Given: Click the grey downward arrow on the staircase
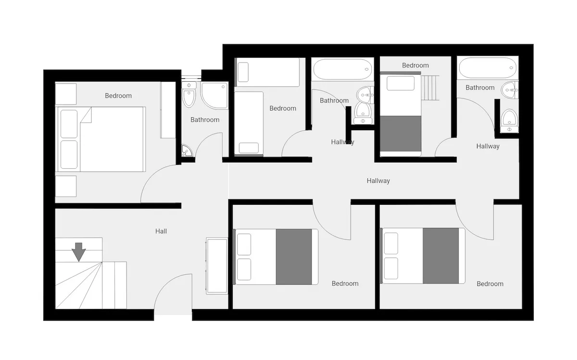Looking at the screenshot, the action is (78, 252).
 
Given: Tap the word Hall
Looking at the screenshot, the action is (161, 231).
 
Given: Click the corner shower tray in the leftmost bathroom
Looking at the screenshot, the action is (214, 95).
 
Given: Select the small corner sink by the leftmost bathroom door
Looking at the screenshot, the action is (187, 150).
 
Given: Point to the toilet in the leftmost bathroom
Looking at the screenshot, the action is (189, 94).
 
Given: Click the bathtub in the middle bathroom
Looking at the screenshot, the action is (342, 69).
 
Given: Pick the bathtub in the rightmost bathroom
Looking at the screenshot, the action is (488, 68).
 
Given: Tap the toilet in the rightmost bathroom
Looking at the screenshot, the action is (510, 121).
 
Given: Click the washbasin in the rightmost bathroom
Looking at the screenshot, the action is (510, 90).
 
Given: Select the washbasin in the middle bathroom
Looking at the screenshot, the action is (365, 95).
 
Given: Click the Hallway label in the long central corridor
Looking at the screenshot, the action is (378, 181).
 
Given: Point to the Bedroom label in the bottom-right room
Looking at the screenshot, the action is (490, 284).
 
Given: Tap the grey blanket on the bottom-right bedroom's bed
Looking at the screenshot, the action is (440, 255).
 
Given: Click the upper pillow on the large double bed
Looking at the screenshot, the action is (69, 124).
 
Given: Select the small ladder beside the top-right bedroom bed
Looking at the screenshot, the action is (430, 88).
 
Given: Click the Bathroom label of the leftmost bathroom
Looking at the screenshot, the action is (205, 120).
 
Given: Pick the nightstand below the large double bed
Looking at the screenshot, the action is (66, 186).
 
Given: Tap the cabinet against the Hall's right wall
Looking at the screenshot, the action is (217, 266).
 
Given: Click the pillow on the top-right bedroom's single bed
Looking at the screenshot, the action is (401, 83).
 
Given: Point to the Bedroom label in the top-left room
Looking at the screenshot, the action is (118, 96).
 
